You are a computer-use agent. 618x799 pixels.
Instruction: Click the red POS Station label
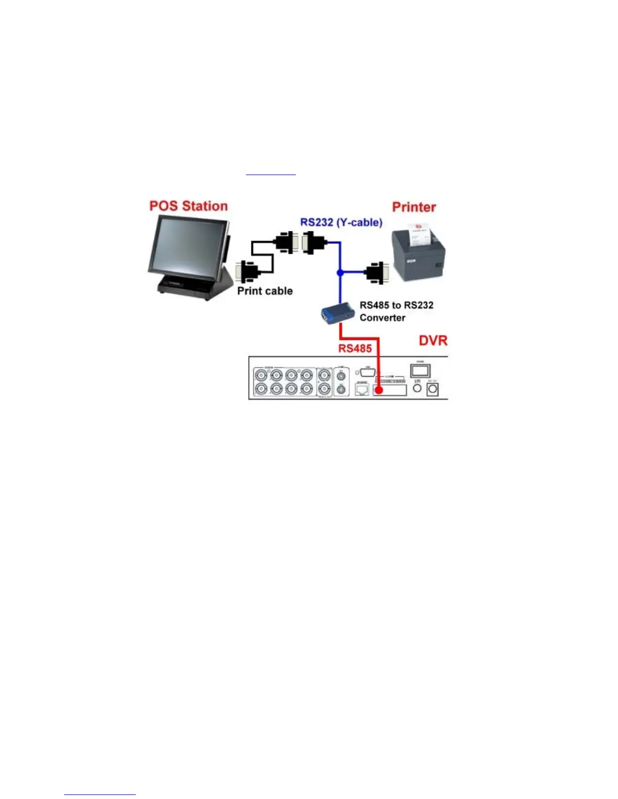pyautogui.click(x=188, y=206)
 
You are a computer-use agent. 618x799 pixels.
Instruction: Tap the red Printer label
pyautogui.click(x=414, y=207)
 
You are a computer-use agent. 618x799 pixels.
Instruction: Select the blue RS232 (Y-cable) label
pyautogui.click(x=341, y=222)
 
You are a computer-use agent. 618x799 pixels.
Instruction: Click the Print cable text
pyautogui.click(x=265, y=291)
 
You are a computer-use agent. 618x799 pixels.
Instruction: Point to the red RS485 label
pyautogui.click(x=355, y=348)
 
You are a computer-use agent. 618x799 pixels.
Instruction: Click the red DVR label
pyautogui.click(x=433, y=340)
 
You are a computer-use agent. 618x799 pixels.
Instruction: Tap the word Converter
pyautogui.click(x=382, y=318)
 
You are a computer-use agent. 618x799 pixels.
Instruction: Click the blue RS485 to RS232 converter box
pyautogui.click(x=337, y=313)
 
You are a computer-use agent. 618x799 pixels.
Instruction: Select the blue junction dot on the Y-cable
pyautogui.click(x=340, y=272)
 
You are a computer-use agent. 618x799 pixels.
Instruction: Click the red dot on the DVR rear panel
pyautogui.click(x=378, y=390)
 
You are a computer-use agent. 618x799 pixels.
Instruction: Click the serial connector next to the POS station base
pyautogui.click(x=248, y=273)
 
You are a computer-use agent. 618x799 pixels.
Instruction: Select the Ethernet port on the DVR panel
pyautogui.click(x=362, y=389)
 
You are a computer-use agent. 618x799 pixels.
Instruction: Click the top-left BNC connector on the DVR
pyautogui.click(x=261, y=375)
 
